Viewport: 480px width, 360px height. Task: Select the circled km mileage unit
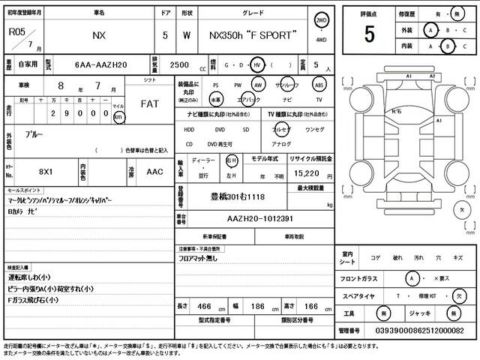pos(118,118)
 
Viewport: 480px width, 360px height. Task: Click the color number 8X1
pos(46,172)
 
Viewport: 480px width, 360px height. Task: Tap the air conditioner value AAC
pos(154,172)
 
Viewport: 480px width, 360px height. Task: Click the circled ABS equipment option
pos(319,85)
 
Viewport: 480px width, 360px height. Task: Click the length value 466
pos(202,307)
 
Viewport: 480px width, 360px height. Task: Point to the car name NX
pos(98,35)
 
